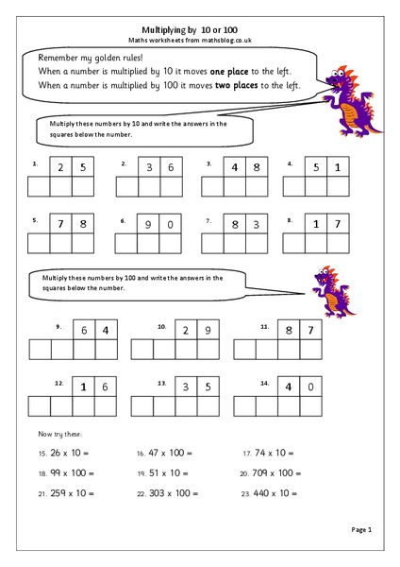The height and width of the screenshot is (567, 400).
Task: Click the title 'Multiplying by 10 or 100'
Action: (x=199, y=29)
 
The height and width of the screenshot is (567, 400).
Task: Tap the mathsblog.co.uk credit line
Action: (x=199, y=41)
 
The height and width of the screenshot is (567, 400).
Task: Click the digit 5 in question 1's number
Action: (x=84, y=167)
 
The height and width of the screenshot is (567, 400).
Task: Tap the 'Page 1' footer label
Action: (x=361, y=531)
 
